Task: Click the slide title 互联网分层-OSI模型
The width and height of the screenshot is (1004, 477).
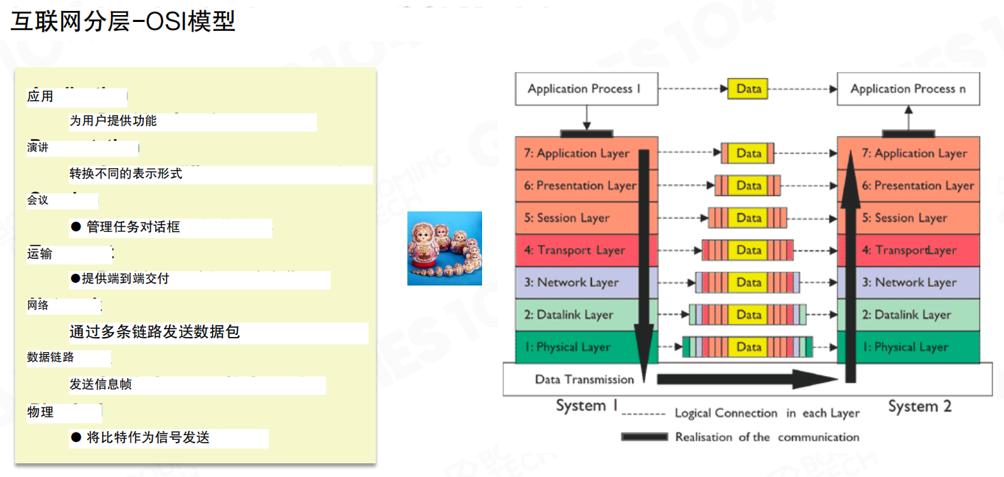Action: [x=123, y=21]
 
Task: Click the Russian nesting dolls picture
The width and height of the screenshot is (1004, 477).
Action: [x=444, y=248]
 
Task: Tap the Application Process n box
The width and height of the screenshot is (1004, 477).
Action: [x=909, y=89]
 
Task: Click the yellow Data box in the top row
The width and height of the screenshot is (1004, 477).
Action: [x=748, y=89]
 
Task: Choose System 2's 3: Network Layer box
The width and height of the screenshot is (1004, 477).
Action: [x=909, y=283]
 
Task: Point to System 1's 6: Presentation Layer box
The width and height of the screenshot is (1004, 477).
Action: [x=579, y=186]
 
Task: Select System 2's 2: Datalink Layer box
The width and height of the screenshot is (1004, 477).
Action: [x=909, y=315]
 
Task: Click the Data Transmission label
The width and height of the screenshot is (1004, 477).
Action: [x=584, y=380]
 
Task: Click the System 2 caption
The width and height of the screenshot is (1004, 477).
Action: [x=920, y=406]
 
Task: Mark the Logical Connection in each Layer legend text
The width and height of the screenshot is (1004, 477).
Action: [x=767, y=413]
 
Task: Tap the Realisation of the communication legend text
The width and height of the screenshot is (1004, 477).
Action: [x=767, y=437]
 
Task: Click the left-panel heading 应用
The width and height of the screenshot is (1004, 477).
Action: [x=40, y=97]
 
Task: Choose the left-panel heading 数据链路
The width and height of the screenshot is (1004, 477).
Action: [x=51, y=358]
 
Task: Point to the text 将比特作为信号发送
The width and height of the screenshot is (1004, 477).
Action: [x=147, y=438]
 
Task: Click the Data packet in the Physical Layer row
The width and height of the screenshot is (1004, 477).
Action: [x=748, y=347]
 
